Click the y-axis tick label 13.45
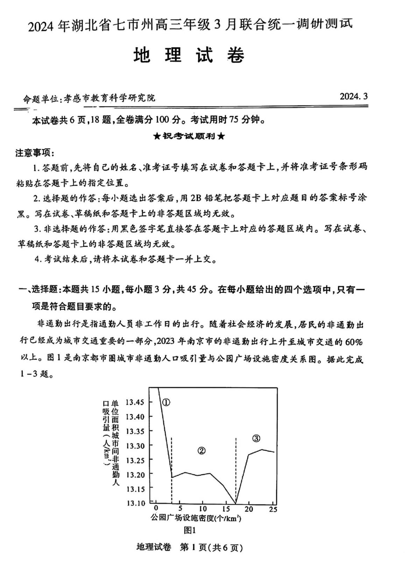[x=135, y=402]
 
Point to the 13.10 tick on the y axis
[x=135, y=503]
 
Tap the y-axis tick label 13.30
[x=135, y=446]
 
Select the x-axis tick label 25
[x=273, y=509]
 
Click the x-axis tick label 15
[x=226, y=509]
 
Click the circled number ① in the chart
[x=166, y=402]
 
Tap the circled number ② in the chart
[x=201, y=451]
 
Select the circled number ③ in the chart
[x=256, y=438]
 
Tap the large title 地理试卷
[x=189, y=55]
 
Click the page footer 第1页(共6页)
[x=211, y=548]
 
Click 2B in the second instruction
[x=198, y=198]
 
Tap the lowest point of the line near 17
[x=236, y=503]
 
